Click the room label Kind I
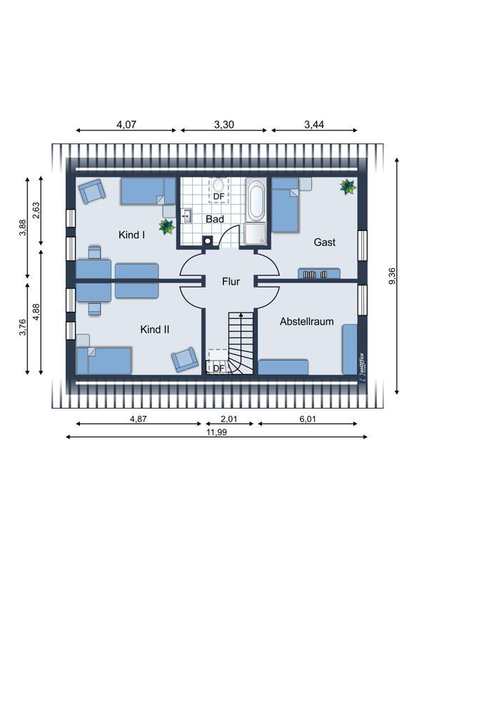tap(132, 235)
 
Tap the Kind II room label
tap(154, 329)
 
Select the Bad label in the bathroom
tap(215, 219)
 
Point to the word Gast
tap(325, 242)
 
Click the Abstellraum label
tap(307, 322)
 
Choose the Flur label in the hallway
tap(231, 282)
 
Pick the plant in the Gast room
tap(348, 186)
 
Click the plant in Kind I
tap(167, 227)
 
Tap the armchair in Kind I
tap(92, 191)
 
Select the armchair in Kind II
tap(184, 360)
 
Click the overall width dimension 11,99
tap(216, 432)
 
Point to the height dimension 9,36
tap(393, 276)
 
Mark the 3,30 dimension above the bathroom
tap(224, 124)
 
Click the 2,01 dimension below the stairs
tap(229, 419)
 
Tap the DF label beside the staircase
tap(219, 368)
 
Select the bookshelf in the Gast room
tap(319, 273)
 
